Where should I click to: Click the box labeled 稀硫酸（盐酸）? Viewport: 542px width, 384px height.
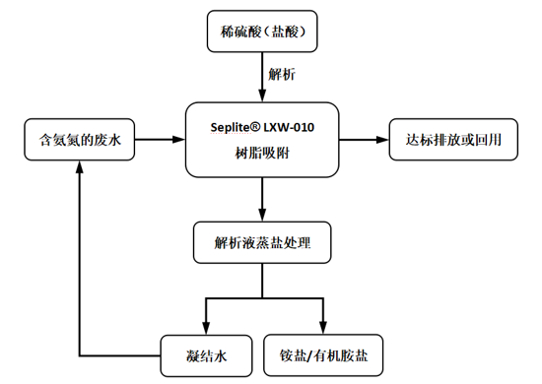(263, 32)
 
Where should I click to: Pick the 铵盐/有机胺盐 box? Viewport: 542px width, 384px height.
(322, 352)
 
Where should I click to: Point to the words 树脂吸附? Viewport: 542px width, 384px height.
(262, 155)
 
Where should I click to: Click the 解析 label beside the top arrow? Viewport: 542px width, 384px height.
(280, 74)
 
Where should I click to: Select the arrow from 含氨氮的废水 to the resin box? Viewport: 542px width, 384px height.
(158, 141)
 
